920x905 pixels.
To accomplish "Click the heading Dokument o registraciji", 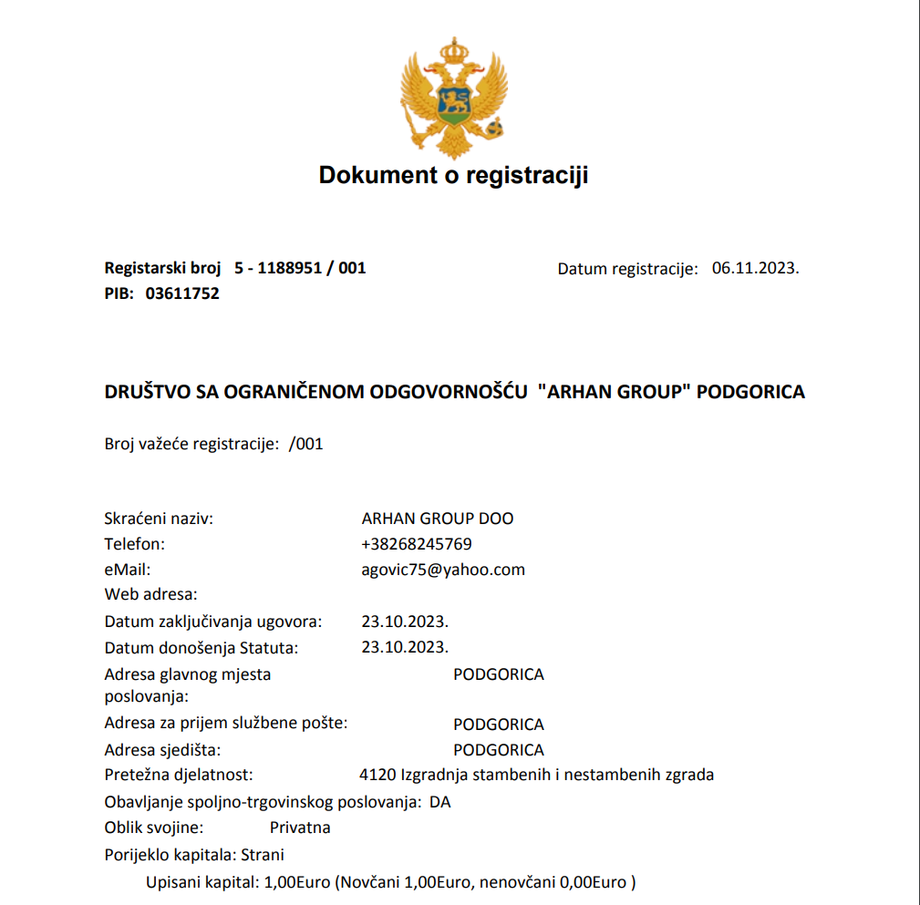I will coord(453,175).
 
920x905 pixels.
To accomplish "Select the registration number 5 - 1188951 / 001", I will coord(300,268).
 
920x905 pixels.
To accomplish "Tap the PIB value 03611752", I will coord(182,293).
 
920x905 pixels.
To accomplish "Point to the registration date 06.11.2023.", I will coord(755,268).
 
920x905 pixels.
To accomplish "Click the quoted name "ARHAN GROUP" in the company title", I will coord(614,392).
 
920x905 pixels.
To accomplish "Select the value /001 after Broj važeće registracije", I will coord(305,445).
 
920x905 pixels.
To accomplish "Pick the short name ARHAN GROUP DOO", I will coord(438,519).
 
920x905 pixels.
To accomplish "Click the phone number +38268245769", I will coord(417,544).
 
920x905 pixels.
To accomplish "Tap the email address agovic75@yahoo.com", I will coord(443,570).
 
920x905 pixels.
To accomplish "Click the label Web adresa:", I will coord(150,595).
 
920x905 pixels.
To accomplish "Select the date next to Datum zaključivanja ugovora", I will coord(405,622).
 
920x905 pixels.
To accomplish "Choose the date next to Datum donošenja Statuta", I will coord(405,647).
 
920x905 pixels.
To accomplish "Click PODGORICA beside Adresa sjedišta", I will coord(499,750).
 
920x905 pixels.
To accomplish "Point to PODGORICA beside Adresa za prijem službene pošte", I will coord(499,725).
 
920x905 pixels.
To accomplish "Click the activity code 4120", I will coord(378,776).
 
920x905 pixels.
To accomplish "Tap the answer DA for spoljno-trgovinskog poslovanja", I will coord(440,803).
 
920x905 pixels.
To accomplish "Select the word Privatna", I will coord(300,828).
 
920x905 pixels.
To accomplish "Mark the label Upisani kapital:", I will coord(202,882).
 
